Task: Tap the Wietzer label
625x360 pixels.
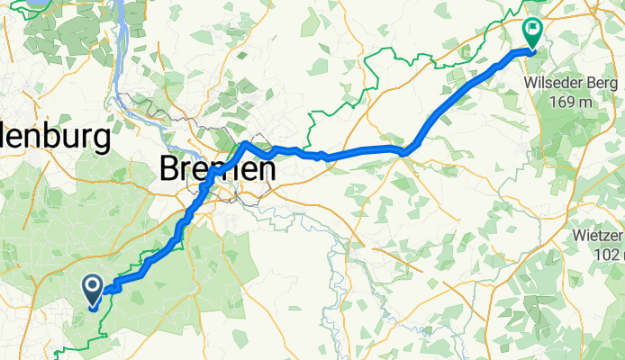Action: point(598,237)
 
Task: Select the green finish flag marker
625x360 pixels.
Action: point(532,33)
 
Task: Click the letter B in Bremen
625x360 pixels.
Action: point(168,167)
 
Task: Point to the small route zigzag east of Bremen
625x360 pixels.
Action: point(322,156)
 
